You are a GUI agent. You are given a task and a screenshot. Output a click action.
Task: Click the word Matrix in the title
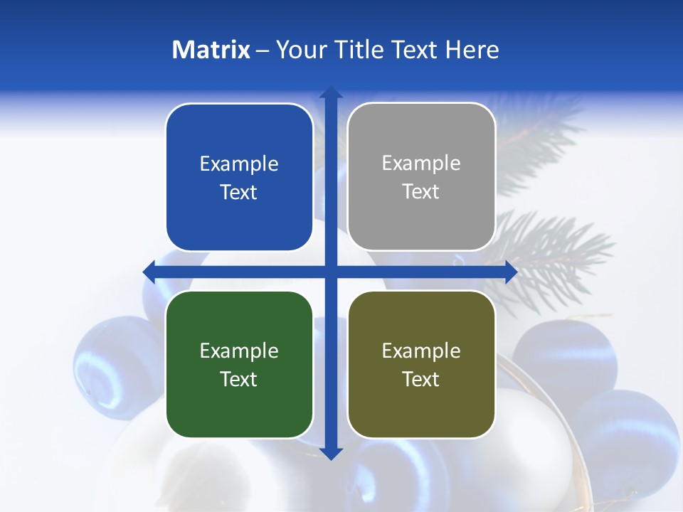[211, 50]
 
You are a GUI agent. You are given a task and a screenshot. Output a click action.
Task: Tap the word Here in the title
[472, 50]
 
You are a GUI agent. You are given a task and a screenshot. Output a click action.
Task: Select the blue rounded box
[239, 178]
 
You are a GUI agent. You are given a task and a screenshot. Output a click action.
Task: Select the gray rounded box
[421, 177]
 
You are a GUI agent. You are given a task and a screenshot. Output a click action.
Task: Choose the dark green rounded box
[239, 364]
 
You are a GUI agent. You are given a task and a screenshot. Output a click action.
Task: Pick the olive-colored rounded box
[421, 364]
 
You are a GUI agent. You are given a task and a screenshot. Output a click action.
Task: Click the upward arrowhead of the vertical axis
[330, 92]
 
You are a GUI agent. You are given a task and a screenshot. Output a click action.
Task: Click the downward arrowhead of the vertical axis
[330, 453]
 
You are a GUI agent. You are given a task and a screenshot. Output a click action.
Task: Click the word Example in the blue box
[239, 164]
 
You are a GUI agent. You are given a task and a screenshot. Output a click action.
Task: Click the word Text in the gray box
[421, 192]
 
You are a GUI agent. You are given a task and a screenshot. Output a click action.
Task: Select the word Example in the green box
[239, 351]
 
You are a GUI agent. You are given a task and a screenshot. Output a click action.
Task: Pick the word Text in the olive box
[421, 380]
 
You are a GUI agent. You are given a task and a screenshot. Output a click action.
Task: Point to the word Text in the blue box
[239, 193]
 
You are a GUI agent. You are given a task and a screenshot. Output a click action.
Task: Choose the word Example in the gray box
[421, 164]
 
